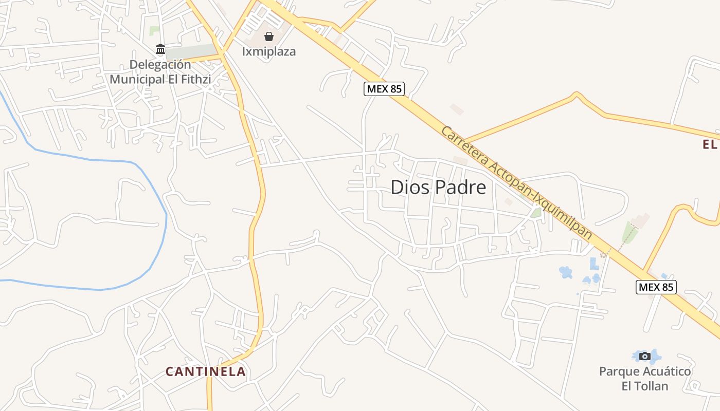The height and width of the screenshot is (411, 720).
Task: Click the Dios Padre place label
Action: [438, 188]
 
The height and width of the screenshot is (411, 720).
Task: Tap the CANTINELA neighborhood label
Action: [205, 371]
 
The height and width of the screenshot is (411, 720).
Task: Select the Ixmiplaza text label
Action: [269, 52]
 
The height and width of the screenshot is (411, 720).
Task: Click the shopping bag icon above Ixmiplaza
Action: [269, 36]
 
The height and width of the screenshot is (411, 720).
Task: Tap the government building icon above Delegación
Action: [160, 49]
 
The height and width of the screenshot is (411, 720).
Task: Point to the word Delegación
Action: [160, 65]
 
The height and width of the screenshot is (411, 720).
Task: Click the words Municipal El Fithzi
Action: [160, 79]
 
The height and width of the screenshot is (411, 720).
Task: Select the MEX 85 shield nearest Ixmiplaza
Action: [384, 89]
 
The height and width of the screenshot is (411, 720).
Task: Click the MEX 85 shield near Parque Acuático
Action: [656, 287]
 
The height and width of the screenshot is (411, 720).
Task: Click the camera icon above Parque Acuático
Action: [645, 356]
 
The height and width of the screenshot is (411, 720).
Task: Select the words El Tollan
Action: [645, 386]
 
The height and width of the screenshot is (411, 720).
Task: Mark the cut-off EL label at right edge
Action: [710, 145]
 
